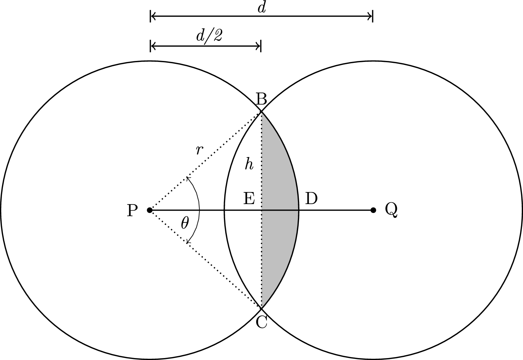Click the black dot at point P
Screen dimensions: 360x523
[150, 210]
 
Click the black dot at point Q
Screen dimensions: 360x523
[373, 210]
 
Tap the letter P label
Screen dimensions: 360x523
[132, 210]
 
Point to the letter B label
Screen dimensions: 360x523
[261, 99]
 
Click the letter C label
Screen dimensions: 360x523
[261, 322]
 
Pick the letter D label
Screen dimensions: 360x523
[311, 198]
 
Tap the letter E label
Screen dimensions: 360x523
[249, 199]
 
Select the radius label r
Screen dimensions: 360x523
[199, 150]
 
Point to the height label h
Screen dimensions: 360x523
[249, 164]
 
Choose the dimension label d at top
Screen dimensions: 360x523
[261, 8]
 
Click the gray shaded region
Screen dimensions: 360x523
[280, 210]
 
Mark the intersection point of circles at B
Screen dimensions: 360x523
[261, 112]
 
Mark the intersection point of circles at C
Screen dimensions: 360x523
[261, 308]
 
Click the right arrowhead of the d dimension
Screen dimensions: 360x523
[370, 15]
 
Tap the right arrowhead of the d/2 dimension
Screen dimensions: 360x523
[258, 46]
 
